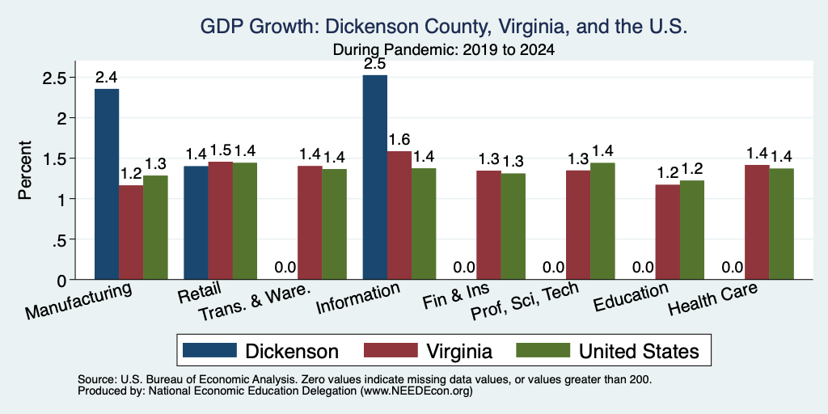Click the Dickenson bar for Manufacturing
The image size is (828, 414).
pos(107,184)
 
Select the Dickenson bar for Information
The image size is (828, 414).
pos(375,177)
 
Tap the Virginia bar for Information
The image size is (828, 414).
pos(399,215)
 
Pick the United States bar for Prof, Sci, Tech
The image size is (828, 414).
pos(602,222)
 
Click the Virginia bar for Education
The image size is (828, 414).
pos(667,232)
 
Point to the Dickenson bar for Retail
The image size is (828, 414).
pos(196,223)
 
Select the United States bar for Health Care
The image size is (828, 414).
pos(782,224)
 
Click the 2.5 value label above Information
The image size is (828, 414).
pos(375,65)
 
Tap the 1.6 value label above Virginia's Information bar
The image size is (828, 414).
pos(399,140)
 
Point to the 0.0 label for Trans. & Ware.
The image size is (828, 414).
pos(285,268)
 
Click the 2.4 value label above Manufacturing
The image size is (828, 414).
pos(107,78)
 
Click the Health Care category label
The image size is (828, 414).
pos(713,299)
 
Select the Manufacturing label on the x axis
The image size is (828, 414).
pos(78,301)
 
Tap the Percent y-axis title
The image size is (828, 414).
pos(24,170)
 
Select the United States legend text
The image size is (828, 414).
pos(639,351)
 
